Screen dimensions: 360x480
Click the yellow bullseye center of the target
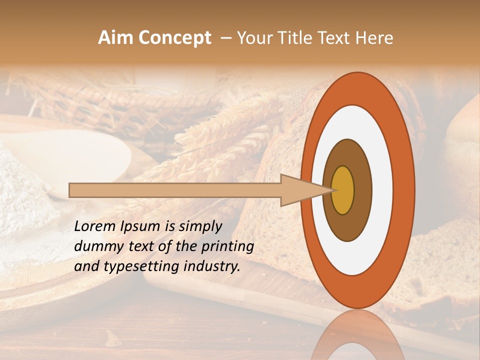(x=343, y=190)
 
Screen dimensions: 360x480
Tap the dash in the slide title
(x=225, y=38)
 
